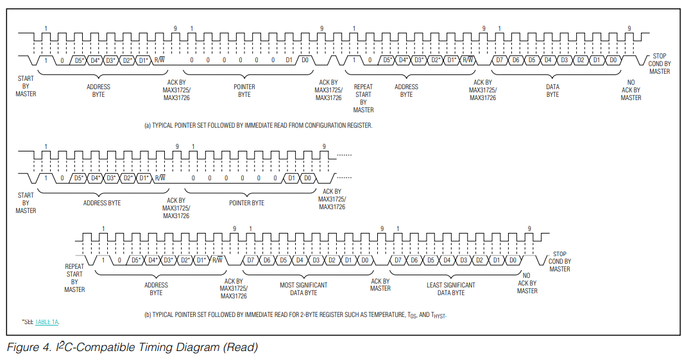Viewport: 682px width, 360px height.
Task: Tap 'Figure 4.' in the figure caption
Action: pos(28,348)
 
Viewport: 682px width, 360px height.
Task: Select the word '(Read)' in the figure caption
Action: pos(240,348)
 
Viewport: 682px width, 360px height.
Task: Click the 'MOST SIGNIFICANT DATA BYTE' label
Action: pos(303,289)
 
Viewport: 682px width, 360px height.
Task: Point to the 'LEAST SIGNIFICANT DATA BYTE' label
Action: pos(451,289)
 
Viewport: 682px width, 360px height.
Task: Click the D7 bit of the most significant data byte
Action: pos(251,260)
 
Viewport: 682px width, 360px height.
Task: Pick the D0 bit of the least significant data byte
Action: pos(513,260)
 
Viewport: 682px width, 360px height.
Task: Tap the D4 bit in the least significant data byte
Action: pos(447,260)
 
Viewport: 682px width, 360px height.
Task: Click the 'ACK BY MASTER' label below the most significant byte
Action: pos(380,284)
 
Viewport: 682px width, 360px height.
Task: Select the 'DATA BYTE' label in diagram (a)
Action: pos(552,90)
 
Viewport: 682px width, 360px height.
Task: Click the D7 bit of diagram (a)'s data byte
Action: pos(499,60)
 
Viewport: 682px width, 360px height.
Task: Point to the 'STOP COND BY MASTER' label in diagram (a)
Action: pos(660,64)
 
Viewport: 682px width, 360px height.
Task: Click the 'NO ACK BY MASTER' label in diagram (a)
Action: pos(631,90)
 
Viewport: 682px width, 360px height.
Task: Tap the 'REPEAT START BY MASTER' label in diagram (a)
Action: pos(363,98)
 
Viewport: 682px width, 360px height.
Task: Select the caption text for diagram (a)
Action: pos(258,125)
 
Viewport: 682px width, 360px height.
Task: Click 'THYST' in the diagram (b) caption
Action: pos(438,315)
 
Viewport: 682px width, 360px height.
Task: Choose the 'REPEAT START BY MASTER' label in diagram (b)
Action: pos(74,277)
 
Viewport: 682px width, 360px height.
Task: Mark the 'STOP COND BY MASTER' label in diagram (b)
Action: pos(559,261)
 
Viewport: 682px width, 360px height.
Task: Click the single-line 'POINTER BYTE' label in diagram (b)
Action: pos(247,203)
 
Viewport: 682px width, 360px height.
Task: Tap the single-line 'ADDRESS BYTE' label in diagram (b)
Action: pos(102,203)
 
